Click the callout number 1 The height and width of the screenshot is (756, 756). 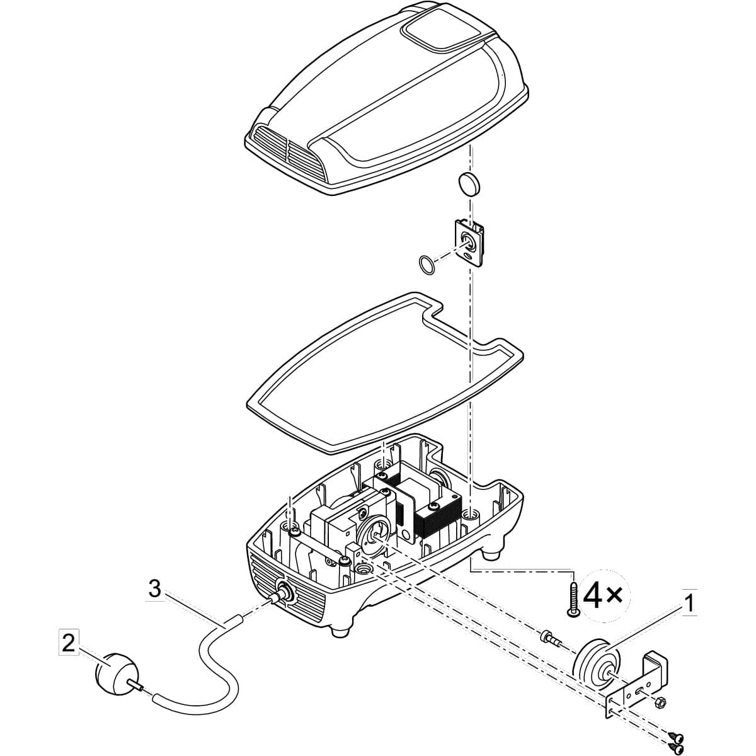pyautogui.click(x=689, y=604)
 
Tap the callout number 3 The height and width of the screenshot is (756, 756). pyautogui.click(x=154, y=590)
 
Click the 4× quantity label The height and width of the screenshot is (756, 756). pyautogui.click(x=603, y=595)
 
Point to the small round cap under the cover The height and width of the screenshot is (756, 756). pyautogui.click(x=469, y=183)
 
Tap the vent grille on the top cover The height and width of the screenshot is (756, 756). pyautogui.click(x=286, y=151)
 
